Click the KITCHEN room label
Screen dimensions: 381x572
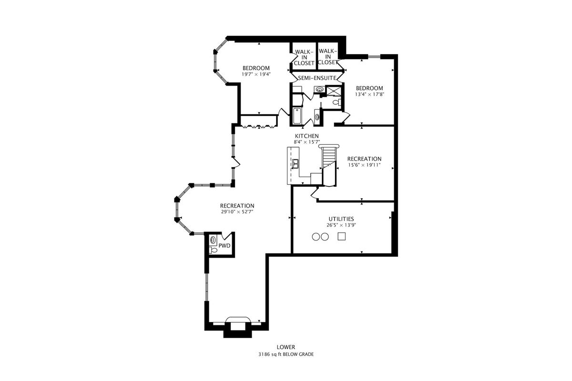coord(306,136)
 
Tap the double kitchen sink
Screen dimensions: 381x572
coord(296,164)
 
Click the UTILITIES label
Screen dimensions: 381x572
coord(340,218)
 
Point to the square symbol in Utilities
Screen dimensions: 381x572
coord(341,236)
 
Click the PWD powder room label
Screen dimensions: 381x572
coord(225,246)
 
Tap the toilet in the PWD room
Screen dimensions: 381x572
coord(214,250)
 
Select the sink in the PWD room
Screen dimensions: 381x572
coord(213,240)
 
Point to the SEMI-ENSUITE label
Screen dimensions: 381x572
coord(317,78)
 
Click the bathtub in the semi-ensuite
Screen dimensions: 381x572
coord(296,116)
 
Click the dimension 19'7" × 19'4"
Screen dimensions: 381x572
coord(256,74)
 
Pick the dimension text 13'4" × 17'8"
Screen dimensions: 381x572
coord(369,94)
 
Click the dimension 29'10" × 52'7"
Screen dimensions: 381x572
coord(237,212)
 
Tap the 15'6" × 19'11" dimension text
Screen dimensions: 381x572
coord(364,165)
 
